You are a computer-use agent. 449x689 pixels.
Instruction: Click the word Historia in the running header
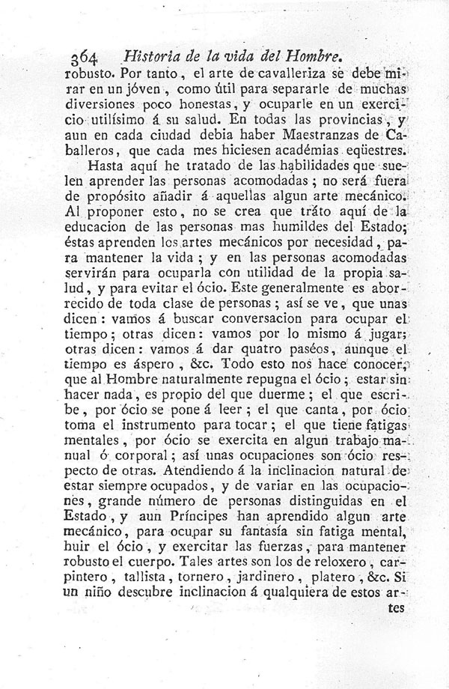[x=147, y=55]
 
